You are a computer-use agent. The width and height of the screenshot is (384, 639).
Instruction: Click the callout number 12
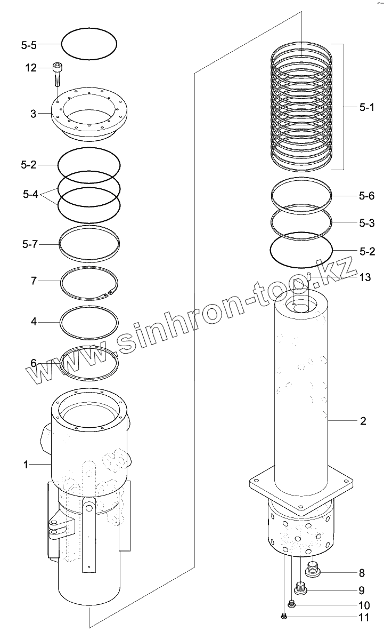(x=31, y=68)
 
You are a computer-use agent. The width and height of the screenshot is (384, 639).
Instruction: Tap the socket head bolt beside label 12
(x=57, y=74)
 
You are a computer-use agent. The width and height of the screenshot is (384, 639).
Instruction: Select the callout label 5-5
(x=29, y=45)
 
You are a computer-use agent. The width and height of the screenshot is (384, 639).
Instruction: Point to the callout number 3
(x=34, y=114)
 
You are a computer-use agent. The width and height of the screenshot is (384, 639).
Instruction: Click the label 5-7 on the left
(x=29, y=244)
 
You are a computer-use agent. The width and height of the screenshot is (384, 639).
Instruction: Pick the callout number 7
(x=34, y=281)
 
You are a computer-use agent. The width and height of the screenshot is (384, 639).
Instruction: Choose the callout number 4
(x=34, y=322)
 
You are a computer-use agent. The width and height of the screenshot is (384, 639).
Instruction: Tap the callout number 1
(x=26, y=464)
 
